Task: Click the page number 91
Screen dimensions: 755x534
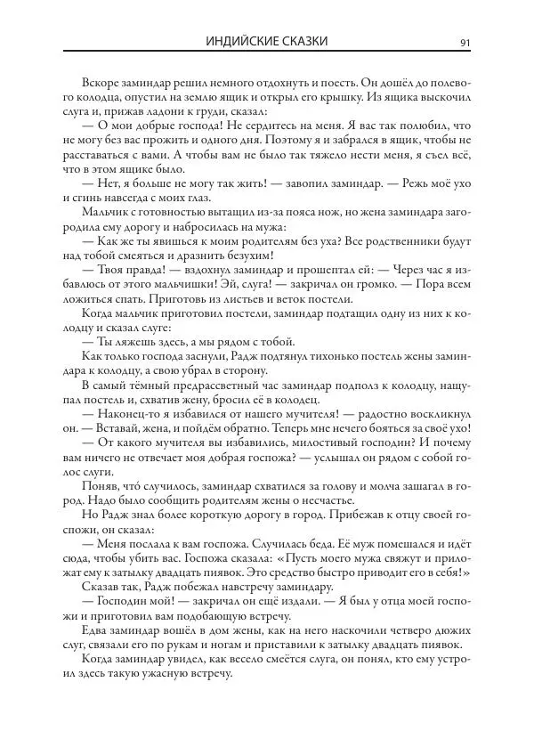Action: [x=464, y=41]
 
